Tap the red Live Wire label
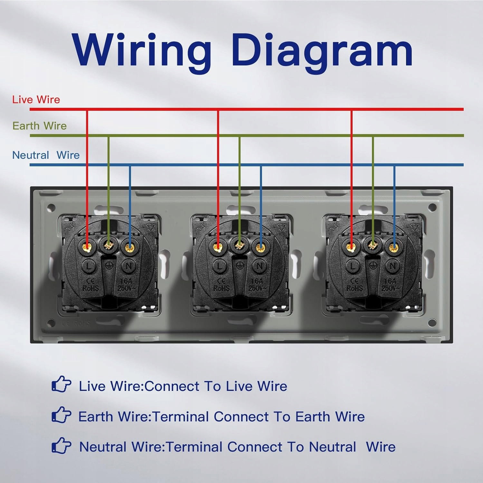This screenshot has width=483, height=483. (x=36, y=99)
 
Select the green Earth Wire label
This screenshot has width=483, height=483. (x=40, y=126)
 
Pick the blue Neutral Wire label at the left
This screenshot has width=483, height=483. (x=46, y=155)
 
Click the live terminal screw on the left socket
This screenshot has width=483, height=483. (x=87, y=247)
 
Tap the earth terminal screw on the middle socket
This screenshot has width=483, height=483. (x=239, y=246)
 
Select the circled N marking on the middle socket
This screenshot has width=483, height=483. (x=260, y=266)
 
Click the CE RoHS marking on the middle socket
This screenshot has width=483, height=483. (x=222, y=285)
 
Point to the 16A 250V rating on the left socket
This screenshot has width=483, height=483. (x=127, y=285)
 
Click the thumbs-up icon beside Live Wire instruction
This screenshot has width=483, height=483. (x=61, y=384)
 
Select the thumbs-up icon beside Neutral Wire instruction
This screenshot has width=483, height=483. (x=61, y=445)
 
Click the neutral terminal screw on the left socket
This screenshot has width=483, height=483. (x=129, y=247)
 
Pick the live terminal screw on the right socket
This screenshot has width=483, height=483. (x=351, y=247)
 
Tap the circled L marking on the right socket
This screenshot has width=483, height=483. (x=353, y=266)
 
